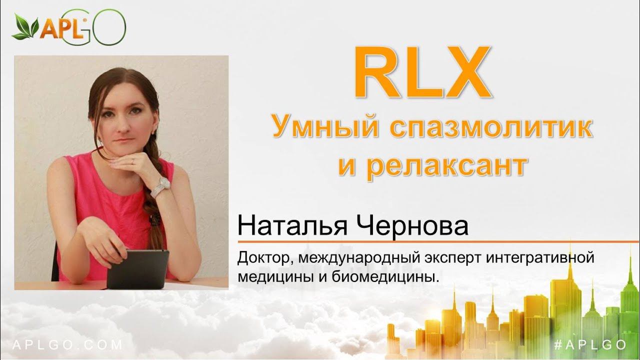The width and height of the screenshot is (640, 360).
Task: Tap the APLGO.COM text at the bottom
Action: pyautogui.click(x=67, y=344)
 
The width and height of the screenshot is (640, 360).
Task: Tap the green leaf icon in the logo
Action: pyautogui.click(x=25, y=27)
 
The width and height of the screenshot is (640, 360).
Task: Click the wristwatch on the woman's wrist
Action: pyautogui.click(x=161, y=187)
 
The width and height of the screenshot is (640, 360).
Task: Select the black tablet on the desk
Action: pyautogui.click(x=137, y=268)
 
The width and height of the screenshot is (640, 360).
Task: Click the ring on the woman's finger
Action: pyautogui.click(x=132, y=161)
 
